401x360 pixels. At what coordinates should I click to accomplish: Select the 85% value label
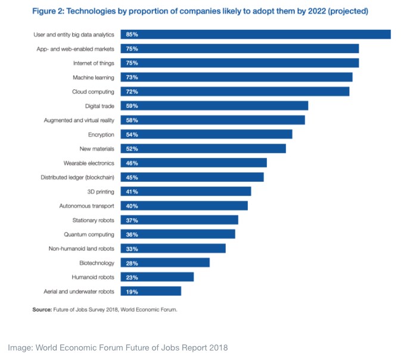click(x=132, y=35)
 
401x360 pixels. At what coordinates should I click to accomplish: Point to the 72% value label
click(x=132, y=92)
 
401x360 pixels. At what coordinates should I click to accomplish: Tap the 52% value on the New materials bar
click(x=132, y=149)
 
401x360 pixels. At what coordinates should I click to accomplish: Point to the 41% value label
click(x=132, y=192)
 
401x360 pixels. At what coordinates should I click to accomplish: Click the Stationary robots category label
click(x=92, y=221)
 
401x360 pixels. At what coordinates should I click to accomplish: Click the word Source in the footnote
click(x=42, y=310)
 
